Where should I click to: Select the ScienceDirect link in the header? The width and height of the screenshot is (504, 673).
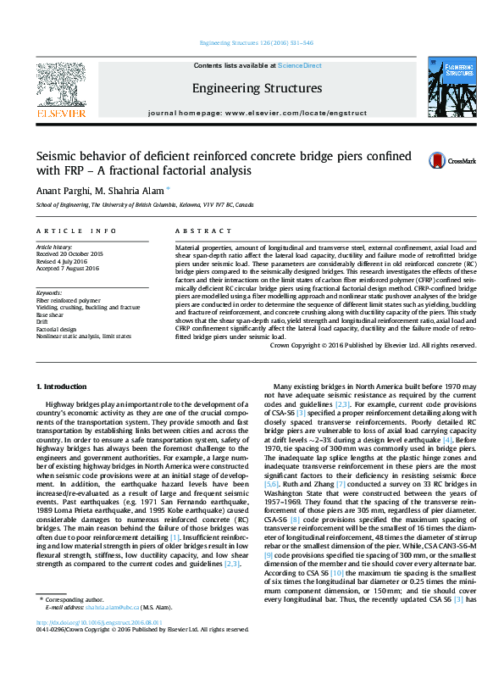pos(300,65)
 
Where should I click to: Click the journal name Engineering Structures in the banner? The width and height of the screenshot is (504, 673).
pos(257,88)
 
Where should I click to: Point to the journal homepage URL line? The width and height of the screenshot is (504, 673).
pos(257,113)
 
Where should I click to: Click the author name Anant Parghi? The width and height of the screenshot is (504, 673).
pos(62,190)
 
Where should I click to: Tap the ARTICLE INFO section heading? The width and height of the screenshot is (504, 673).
pos(76,231)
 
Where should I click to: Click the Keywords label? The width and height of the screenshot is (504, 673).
pos(49,292)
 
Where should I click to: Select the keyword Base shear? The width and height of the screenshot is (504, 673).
pos(50,314)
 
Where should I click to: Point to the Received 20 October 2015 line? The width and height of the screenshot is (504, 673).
pos(69,253)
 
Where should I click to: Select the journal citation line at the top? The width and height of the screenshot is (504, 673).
pos(256,42)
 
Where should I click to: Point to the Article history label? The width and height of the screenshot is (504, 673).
pos(54,246)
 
